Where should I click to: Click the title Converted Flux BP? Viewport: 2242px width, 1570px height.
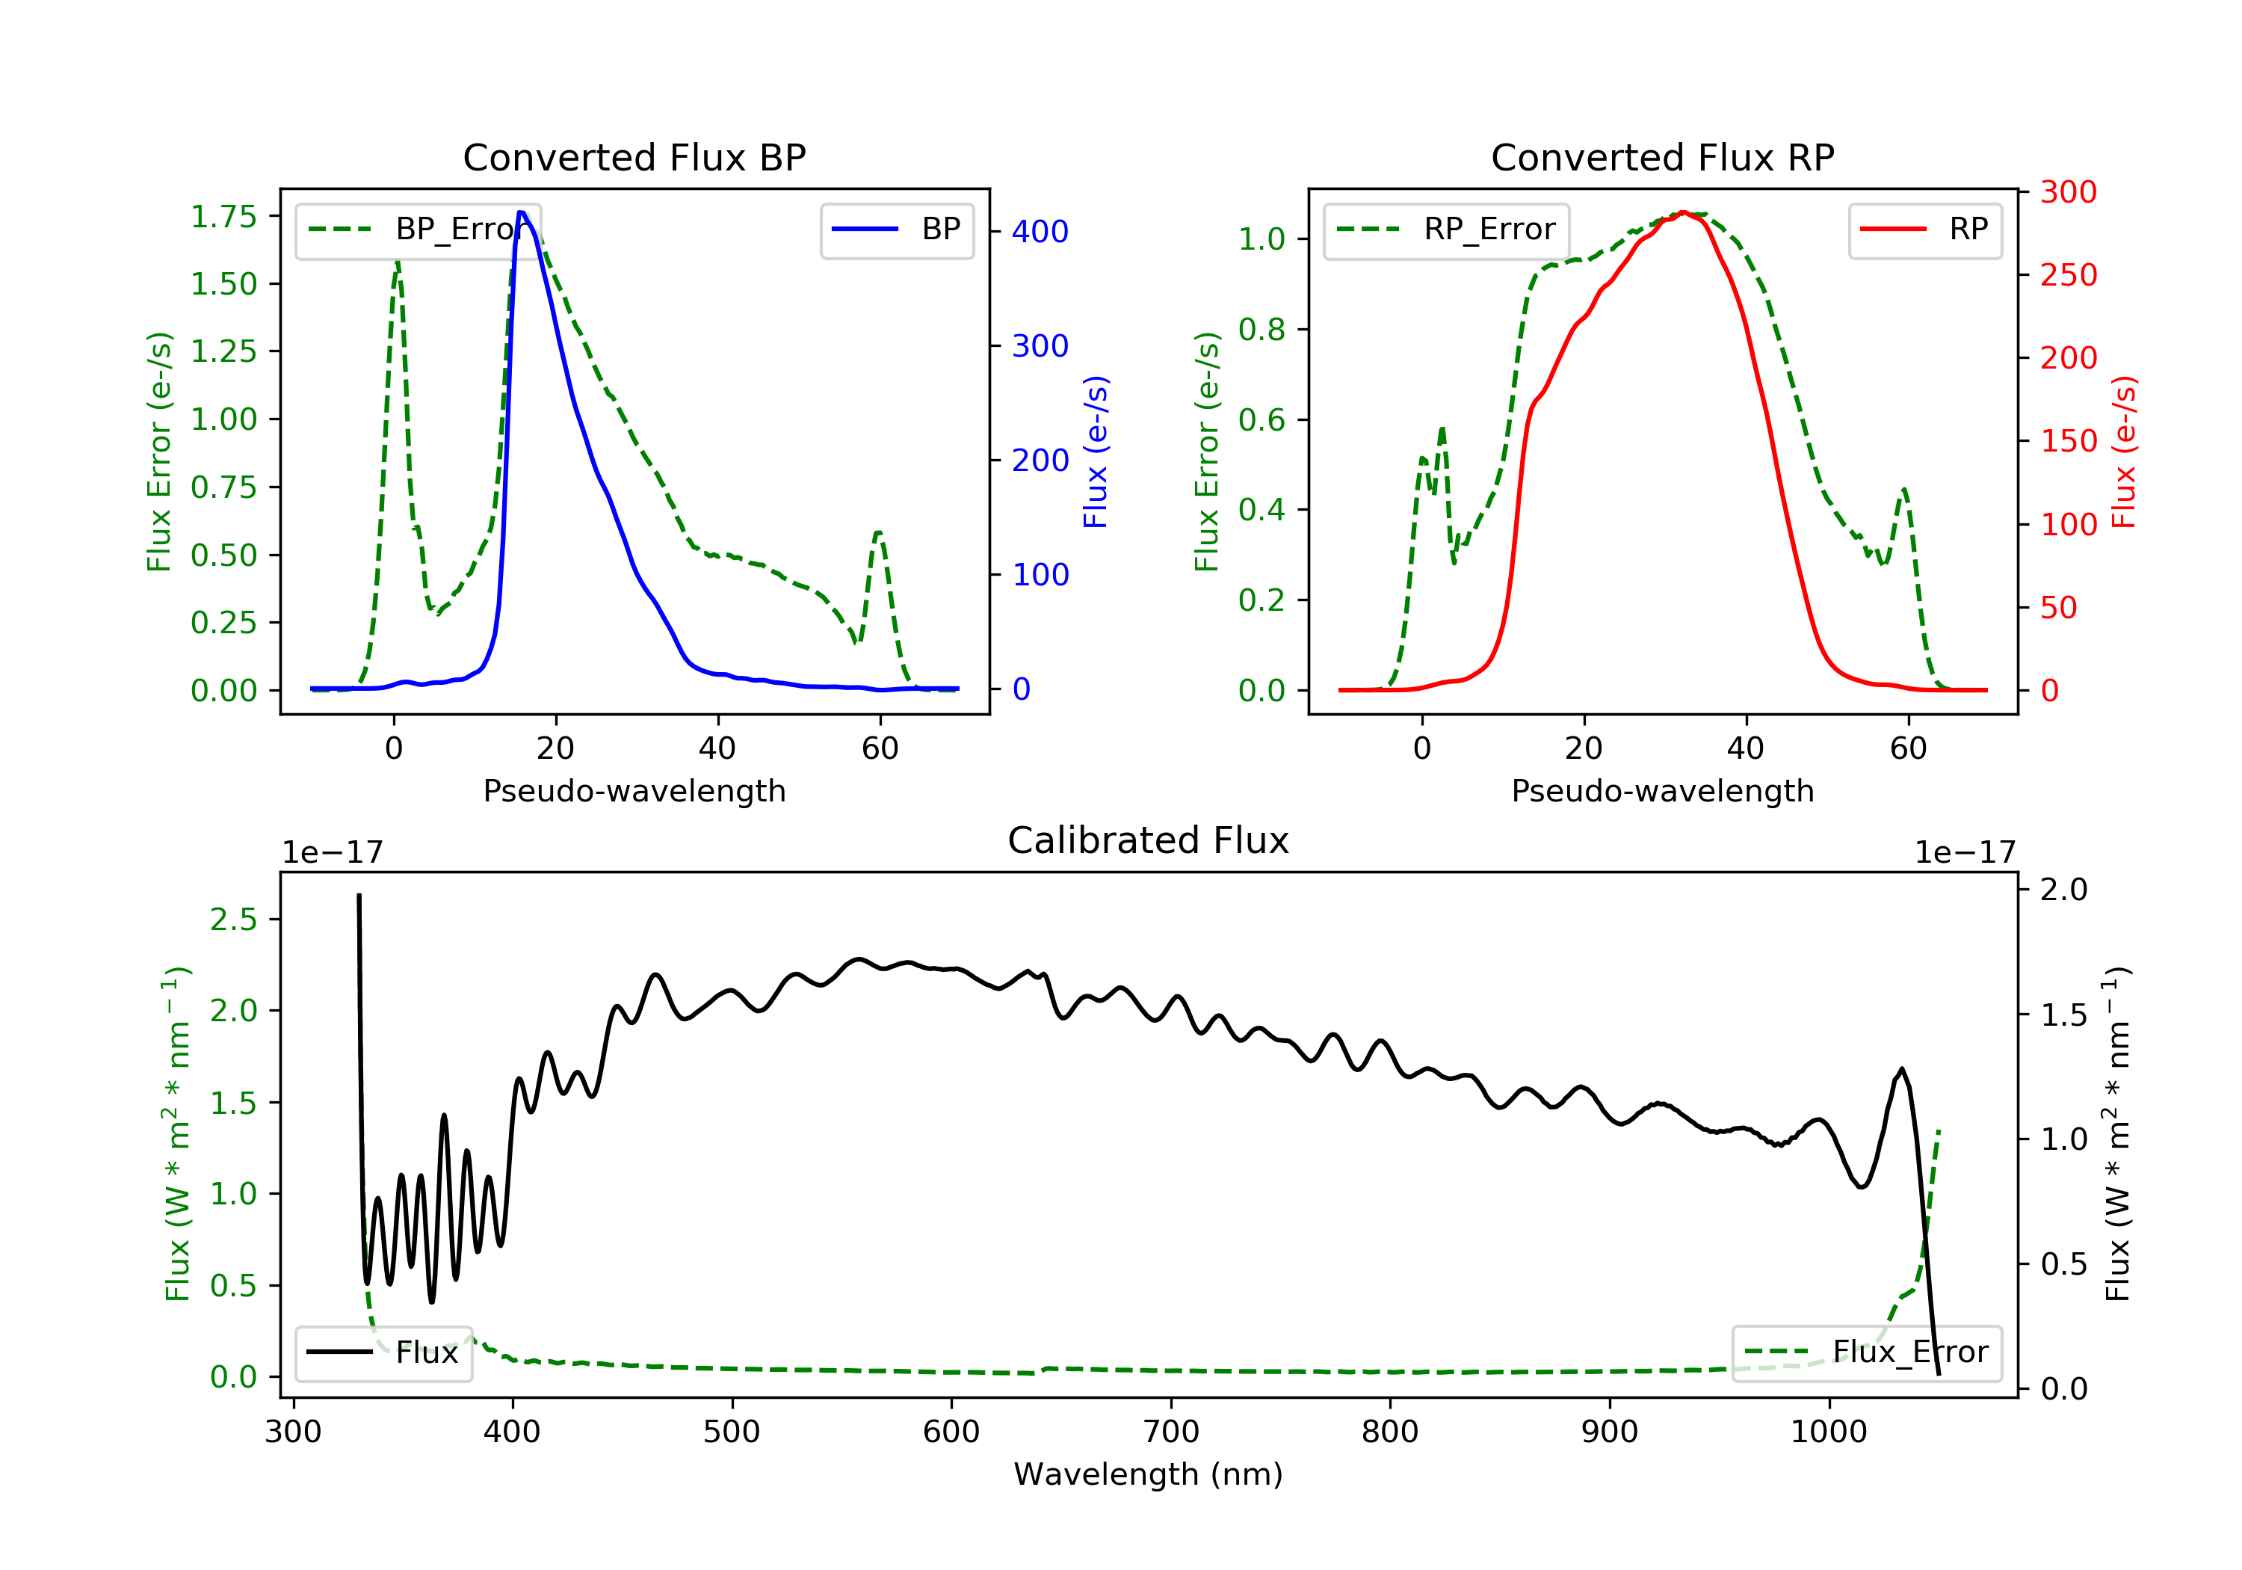point(634,157)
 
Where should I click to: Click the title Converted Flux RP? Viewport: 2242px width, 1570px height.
point(1662,157)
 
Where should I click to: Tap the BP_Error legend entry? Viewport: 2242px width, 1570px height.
point(418,230)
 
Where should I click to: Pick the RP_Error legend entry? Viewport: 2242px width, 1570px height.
point(1446,230)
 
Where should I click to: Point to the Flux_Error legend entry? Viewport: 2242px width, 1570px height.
point(1866,1353)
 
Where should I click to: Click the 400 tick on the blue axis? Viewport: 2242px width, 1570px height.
point(1040,232)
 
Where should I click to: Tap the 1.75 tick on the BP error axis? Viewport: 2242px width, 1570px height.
point(223,216)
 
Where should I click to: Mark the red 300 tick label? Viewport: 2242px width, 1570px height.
point(2068,191)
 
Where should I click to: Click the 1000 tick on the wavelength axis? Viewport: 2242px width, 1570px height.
point(1828,1432)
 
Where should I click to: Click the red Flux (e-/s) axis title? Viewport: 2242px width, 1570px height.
point(2124,452)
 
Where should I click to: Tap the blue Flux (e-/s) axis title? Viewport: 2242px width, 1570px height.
point(1096,452)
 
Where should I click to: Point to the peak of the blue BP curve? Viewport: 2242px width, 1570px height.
point(522,212)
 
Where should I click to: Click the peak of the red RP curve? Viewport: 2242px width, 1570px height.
point(1684,212)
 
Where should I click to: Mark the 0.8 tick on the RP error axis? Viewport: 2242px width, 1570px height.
point(1261,329)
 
